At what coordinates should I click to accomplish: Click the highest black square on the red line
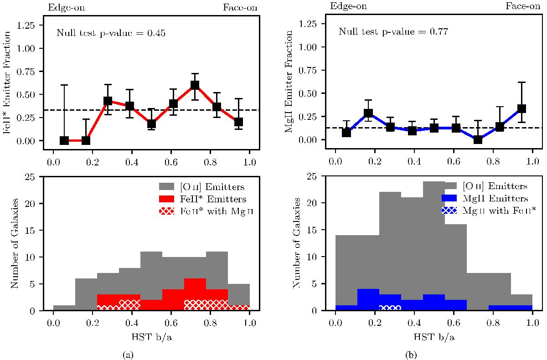(x=195, y=85)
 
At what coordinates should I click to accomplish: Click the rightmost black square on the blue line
(x=521, y=108)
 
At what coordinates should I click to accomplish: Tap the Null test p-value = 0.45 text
(x=110, y=33)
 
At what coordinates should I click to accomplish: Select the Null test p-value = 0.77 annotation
(x=392, y=32)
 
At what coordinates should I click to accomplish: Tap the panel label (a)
(x=125, y=353)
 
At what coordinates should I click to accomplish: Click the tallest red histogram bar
(x=195, y=294)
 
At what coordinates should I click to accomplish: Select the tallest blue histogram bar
(x=368, y=299)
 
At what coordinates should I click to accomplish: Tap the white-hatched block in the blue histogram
(x=390, y=308)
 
